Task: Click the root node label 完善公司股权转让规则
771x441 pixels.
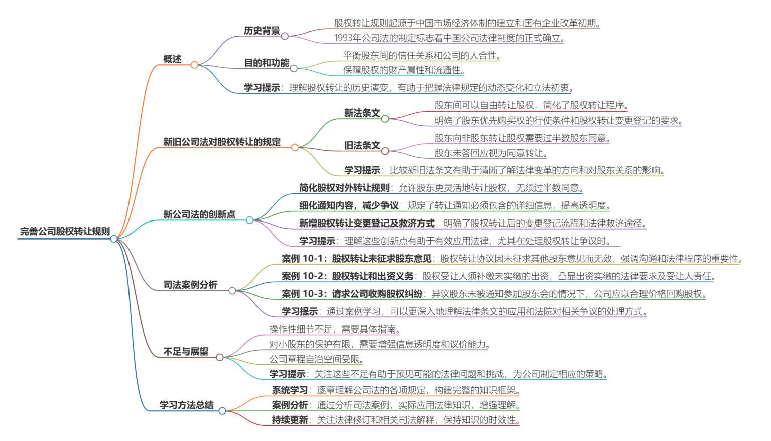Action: [65, 231]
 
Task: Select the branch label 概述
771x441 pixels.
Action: [172, 59]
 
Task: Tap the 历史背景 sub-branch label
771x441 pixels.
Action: [262, 30]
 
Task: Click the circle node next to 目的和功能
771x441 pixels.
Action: [294, 69]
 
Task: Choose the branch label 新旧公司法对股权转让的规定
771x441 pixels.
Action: [222, 142]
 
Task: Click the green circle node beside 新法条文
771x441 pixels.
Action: [385, 119]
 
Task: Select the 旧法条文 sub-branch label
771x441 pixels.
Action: [362, 145]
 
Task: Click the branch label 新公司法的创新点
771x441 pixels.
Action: [199, 214]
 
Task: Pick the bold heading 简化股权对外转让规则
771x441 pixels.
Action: [344, 188]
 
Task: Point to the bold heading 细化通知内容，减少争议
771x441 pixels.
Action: [349, 205]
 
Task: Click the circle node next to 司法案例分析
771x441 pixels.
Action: [232, 291]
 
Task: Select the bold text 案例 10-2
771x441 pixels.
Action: [303, 276]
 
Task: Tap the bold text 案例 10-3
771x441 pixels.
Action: [303, 293]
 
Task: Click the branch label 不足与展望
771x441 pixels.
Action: [186, 352]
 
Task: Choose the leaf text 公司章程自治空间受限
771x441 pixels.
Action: [314, 359]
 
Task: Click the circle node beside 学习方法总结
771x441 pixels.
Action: [222, 411]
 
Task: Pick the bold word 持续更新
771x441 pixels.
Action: [290, 420]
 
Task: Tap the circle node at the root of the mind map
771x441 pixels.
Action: [113, 239]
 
